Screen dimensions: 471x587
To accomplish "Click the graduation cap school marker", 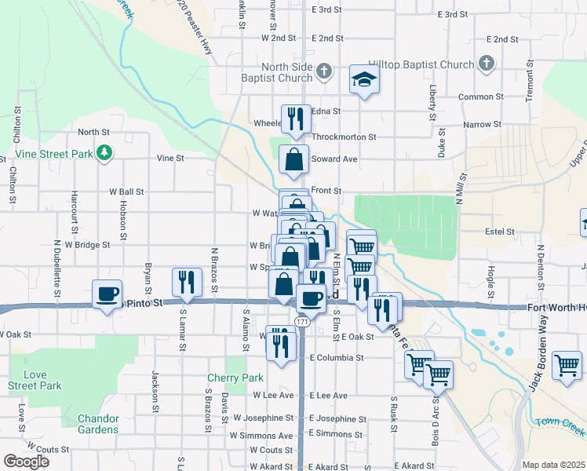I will tap(363, 79).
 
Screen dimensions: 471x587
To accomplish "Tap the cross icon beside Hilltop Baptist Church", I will tap(486, 64).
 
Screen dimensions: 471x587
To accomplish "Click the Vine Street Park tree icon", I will tap(104, 154).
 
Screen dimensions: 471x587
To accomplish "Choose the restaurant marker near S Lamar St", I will tap(187, 283).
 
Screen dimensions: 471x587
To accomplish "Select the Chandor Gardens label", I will tap(98, 424).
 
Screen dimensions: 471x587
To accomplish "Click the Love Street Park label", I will tap(35, 380).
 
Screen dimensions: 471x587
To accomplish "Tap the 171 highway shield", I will tap(302, 322).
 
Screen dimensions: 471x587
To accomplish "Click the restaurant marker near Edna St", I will tap(296, 119).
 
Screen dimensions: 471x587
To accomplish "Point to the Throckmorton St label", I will tap(343, 137).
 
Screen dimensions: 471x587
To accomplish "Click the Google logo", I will tap(26, 462).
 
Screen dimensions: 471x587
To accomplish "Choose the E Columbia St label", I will tap(337, 357).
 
